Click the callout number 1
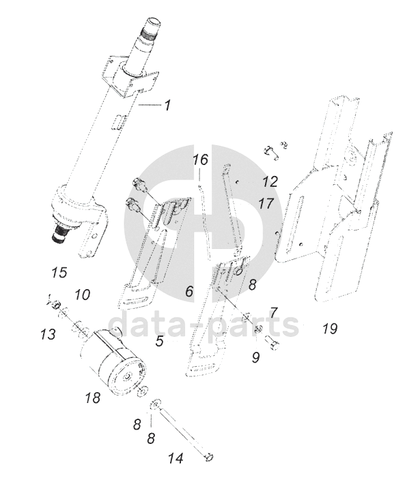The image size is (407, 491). (168, 105)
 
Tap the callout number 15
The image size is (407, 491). (59, 272)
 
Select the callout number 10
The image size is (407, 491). (83, 295)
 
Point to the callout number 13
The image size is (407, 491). (48, 334)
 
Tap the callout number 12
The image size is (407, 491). (270, 181)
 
